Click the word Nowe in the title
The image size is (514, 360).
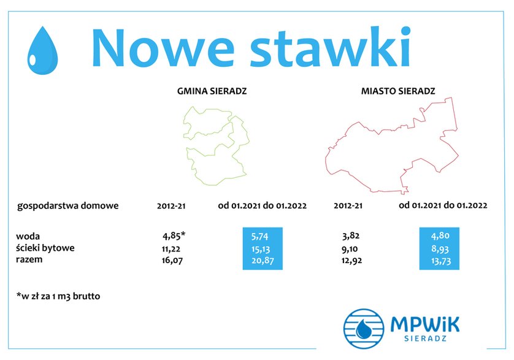[x=163, y=48]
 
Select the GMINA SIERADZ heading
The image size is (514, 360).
[x=212, y=91]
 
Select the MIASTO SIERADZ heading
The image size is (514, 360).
[x=398, y=91]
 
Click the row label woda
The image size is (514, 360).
[x=28, y=236]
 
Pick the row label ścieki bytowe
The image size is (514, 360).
[x=45, y=248]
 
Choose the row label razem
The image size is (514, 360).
[x=29, y=259]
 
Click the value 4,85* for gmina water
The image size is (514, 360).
[x=174, y=236]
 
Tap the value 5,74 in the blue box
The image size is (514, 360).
[x=260, y=236]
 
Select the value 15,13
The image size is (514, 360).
[x=261, y=249]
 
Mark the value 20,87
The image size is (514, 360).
[x=263, y=261]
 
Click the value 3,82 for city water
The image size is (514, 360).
[x=350, y=236]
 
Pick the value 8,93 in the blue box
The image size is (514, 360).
[x=440, y=249]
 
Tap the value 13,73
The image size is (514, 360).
[x=441, y=261]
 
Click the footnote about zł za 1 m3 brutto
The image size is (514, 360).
[x=58, y=296]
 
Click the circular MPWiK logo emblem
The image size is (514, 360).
[x=364, y=328]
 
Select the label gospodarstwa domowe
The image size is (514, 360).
[x=68, y=206]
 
